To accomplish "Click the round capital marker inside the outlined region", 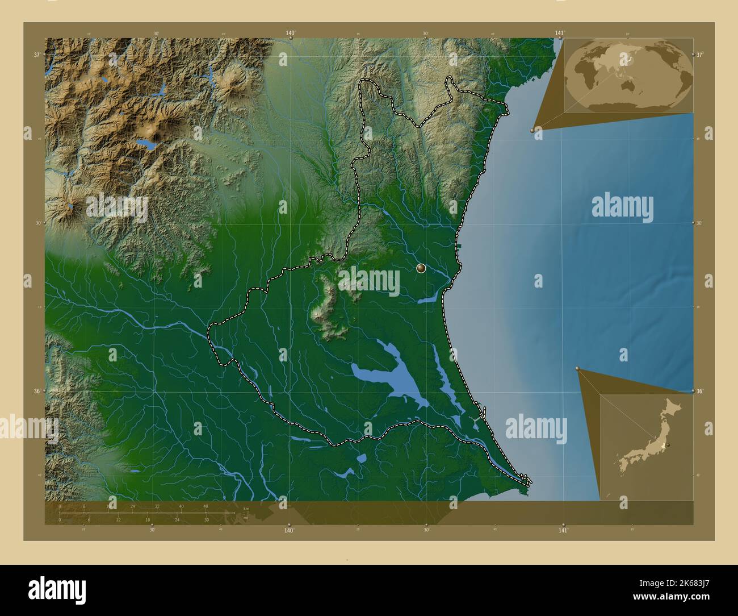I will tap(421, 268).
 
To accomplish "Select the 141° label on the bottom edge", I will tap(563, 530).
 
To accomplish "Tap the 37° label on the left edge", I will tap(36, 55).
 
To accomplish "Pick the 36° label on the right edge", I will tap(700, 391).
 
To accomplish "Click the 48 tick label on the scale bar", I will tap(206, 506).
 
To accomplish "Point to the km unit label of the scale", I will tap(246, 508).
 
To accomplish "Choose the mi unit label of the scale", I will tap(245, 518).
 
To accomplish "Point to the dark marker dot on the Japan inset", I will tap(668, 445).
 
